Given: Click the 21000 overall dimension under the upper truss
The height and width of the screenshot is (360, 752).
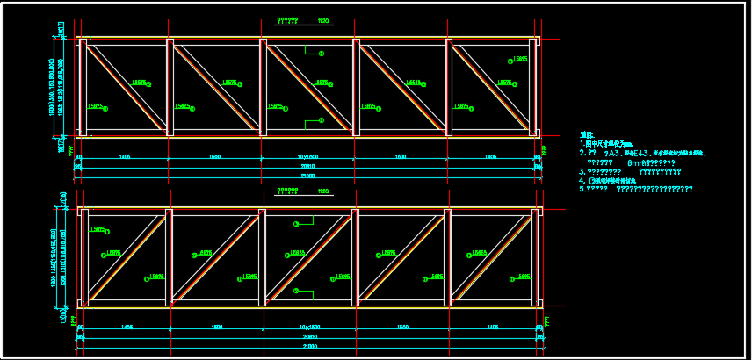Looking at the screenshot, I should pyautogui.click(x=307, y=176).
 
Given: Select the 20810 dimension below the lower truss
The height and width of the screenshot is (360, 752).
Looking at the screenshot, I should pyautogui.click(x=307, y=336).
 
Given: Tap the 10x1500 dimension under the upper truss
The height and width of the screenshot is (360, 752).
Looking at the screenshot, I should pyautogui.click(x=307, y=156).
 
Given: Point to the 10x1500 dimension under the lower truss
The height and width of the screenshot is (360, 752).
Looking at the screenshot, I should pyautogui.click(x=307, y=327).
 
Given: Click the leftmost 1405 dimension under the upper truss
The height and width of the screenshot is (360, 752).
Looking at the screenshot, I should pyautogui.click(x=125, y=156).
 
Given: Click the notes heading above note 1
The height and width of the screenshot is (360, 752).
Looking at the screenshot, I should pyautogui.click(x=587, y=135).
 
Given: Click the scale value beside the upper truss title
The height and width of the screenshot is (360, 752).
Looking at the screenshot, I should pyautogui.click(x=323, y=18).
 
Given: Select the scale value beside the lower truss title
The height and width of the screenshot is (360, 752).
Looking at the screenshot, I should pyautogui.click(x=323, y=190).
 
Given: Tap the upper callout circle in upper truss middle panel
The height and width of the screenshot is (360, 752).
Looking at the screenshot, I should pyautogui.click(x=322, y=54).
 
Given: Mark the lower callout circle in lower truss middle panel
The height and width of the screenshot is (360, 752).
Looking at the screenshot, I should pyautogui.click(x=296, y=291).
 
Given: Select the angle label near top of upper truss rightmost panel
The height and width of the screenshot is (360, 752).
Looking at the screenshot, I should pyautogui.click(x=520, y=59).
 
